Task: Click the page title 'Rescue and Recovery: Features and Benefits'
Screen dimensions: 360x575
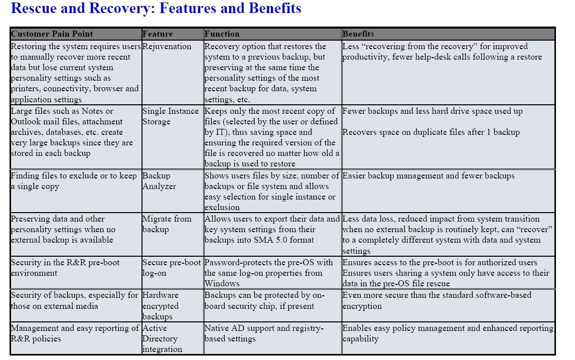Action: [156, 9]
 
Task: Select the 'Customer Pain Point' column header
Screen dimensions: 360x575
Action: [52, 34]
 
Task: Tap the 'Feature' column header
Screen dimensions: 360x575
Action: [158, 34]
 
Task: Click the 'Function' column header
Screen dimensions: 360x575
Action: [222, 34]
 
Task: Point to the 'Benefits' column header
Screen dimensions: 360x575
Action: [358, 34]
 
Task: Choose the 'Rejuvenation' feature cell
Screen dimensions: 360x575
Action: [167, 47]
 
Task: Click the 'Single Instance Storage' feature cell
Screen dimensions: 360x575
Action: [171, 116]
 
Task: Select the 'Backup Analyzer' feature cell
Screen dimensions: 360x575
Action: [160, 181]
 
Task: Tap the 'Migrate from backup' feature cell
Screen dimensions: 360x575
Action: [167, 224]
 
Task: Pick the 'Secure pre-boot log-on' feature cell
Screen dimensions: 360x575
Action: [172, 268]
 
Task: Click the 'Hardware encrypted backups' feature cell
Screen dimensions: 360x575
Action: [161, 306]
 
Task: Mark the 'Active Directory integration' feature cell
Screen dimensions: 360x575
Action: [163, 338]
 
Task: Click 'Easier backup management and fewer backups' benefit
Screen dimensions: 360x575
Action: [428, 176]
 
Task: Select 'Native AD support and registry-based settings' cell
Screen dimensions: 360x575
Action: [264, 333]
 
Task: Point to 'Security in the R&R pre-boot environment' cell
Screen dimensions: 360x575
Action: [65, 268]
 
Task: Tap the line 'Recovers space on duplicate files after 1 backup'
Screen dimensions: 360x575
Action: [431, 132]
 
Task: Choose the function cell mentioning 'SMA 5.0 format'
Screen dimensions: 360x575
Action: [272, 230]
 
